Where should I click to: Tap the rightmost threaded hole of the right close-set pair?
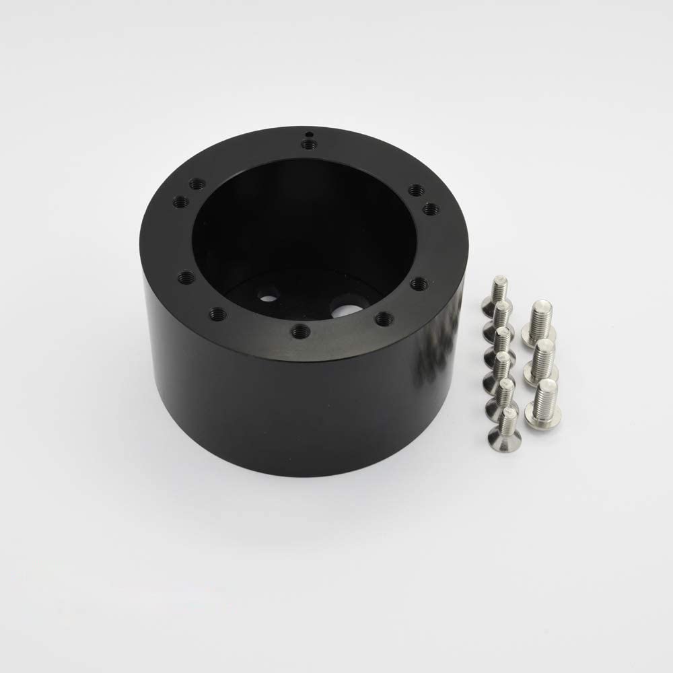click(431, 209)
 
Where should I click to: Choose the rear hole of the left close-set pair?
click(197, 183)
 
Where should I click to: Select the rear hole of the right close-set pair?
click(416, 190)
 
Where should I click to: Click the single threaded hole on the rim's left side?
click(187, 277)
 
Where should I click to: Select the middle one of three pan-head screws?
click(542, 359)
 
